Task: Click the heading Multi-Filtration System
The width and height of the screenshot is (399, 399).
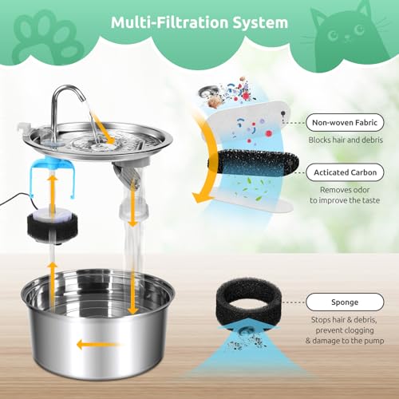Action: click(199, 22)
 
